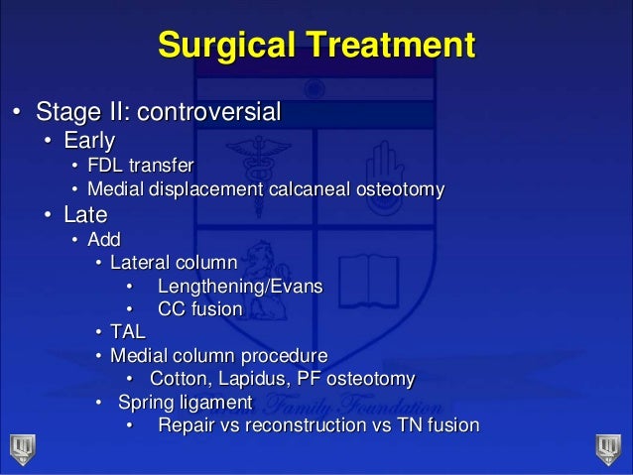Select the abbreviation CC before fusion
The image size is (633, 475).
[172, 309]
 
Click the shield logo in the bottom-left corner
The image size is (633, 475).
[20, 445]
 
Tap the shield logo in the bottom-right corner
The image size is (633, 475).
[607, 445]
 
